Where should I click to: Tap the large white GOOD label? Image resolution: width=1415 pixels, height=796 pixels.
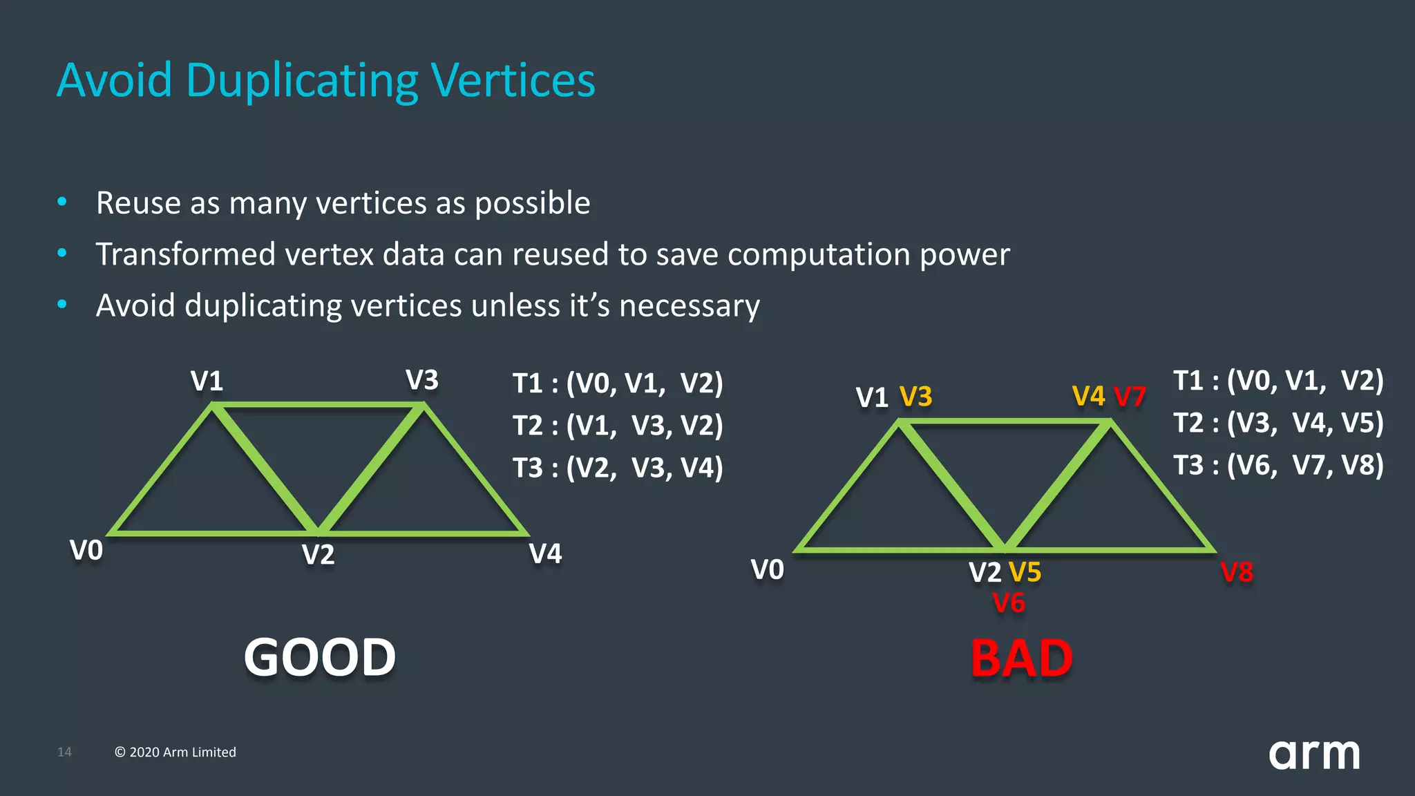click(x=320, y=657)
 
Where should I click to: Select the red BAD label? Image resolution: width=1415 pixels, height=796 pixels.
click(x=1021, y=658)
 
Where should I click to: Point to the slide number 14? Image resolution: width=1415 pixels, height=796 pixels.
click(x=64, y=752)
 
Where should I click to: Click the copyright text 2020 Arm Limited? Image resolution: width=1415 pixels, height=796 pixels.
click(x=175, y=752)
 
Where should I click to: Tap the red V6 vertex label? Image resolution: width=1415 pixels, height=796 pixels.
click(x=1009, y=603)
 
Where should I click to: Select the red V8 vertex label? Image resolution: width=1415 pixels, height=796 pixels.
click(x=1236, y=572)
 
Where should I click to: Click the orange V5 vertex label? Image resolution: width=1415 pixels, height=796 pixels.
click(x=1025, y=572)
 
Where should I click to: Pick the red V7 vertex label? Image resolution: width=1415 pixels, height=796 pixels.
click(x=1130, y=397)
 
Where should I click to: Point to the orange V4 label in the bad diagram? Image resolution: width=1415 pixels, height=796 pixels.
click(x=1088, y=397)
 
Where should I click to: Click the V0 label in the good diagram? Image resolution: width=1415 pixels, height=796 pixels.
click(x=86, y=551)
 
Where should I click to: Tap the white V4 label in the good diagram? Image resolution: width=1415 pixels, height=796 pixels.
click(x=545, y=553)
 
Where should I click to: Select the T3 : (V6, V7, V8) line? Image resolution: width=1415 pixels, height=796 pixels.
click(x=1278, y=465)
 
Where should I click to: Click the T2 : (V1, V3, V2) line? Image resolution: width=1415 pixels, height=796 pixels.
click(x=617, y=426)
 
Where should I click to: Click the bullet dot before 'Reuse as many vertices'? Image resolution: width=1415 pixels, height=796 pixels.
click(x=62, y=202)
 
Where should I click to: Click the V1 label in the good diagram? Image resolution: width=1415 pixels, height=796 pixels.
click(x=207, y=381)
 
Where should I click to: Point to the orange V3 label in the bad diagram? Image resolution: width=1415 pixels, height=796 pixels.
click(x=915, y=397)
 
